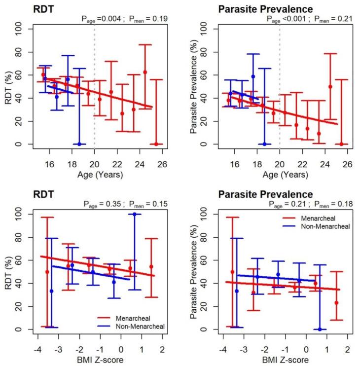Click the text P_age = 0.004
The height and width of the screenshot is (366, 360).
(101, 19)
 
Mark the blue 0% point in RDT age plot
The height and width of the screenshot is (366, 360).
(79, 144)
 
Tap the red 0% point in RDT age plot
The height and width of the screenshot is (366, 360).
(156, 144)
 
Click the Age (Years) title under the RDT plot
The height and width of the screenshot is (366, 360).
(94, 174)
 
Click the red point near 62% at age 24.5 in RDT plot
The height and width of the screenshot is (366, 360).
(145, 72)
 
